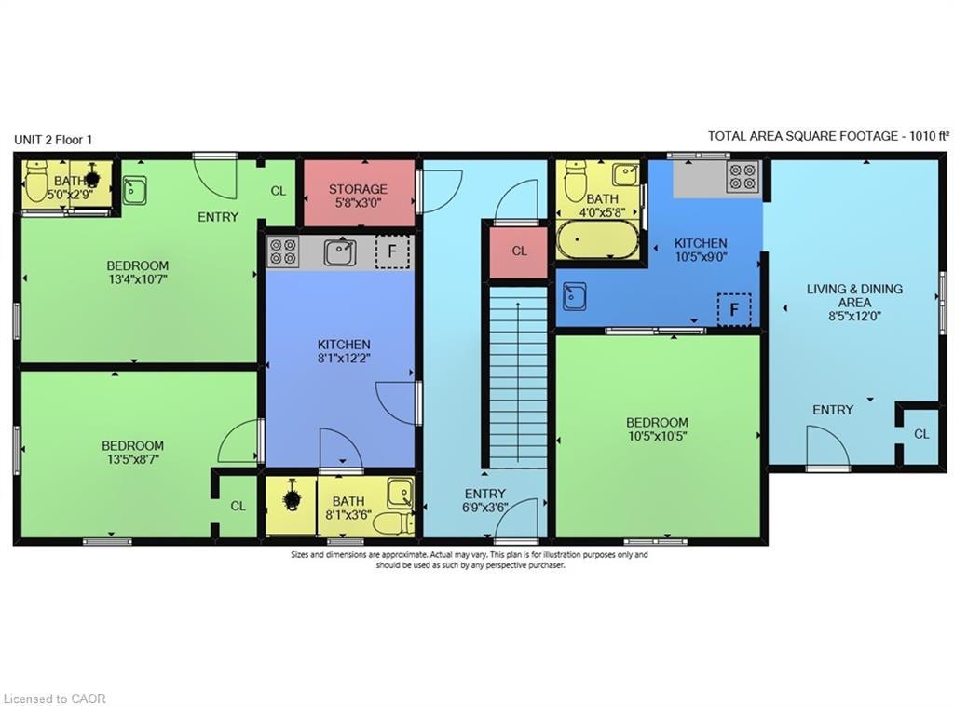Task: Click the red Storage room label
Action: tap(358, 189)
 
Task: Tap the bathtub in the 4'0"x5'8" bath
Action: tap(597, 239)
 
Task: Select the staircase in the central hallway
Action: tap(519, 376)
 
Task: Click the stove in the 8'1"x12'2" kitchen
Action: tap(283, 251)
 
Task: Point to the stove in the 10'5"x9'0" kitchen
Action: tap(743, 176)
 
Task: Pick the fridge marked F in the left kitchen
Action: tap(391, 252)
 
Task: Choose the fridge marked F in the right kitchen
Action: tap(734, 308)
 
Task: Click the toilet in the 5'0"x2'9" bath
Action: tap(37, 183)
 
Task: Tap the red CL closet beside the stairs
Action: tap(519, 251)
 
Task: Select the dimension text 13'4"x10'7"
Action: tap(137, 278)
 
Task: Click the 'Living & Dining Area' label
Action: tap(854, 295)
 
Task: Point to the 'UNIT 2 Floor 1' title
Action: tap(53, 140)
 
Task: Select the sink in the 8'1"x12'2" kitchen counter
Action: tap(339, 252)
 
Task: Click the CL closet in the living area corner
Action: tap(920, 434)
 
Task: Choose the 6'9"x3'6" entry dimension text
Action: tap(484, 508)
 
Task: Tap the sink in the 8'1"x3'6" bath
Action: tap(401, 492)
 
